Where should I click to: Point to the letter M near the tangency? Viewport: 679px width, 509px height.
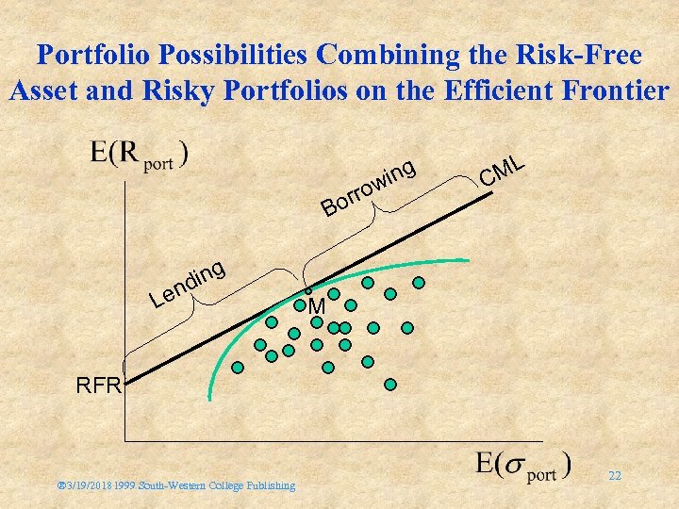click(317, 307)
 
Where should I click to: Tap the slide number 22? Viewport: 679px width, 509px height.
click(614, 476)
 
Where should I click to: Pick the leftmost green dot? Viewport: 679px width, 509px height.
click(240, 368)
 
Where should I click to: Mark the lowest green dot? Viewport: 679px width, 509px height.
click(390, 385)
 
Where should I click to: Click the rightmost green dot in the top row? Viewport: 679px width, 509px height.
click(419, 282)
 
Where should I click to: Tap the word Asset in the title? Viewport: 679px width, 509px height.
click(43, 91)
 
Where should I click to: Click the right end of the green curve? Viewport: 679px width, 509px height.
click(468, 260)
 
